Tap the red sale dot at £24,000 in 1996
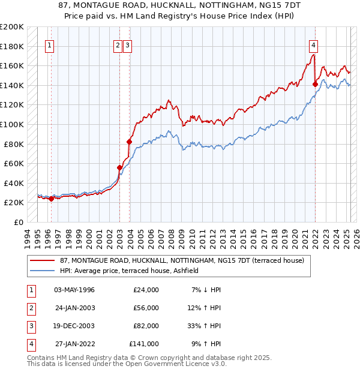[51, 199]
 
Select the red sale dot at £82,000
[129, 142]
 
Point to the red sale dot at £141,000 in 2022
[315, 85]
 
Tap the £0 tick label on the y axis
[19, 222]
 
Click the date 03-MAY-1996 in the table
[74, 290]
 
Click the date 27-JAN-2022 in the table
[74, 344]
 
